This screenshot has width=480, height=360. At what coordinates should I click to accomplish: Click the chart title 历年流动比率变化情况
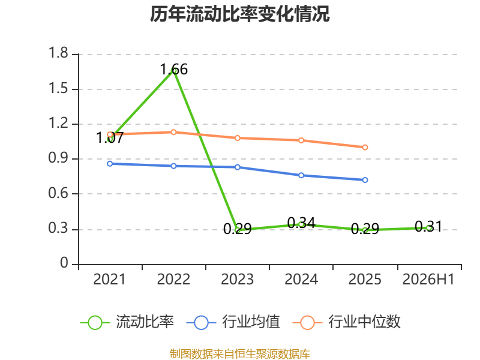point(239,14)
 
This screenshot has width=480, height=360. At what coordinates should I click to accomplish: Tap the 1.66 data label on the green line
point(174,70)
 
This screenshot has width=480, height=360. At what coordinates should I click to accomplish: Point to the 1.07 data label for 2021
point(110,138)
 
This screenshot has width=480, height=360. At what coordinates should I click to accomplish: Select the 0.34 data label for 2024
point(301,223)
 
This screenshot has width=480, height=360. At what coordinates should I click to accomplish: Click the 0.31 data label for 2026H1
point(428,227)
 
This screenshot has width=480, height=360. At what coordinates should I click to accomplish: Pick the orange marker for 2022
point(173,132)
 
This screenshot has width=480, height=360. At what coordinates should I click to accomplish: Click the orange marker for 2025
point(365,148)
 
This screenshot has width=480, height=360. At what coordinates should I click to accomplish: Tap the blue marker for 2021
point(110,164)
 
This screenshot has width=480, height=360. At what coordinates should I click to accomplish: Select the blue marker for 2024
point(301,175)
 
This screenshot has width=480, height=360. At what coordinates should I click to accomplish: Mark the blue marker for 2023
point(238,167)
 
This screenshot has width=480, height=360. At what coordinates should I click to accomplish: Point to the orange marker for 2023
point(238,138)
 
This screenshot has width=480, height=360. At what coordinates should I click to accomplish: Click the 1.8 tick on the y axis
point(58,53)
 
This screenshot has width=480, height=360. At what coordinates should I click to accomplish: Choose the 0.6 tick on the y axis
point(58,193)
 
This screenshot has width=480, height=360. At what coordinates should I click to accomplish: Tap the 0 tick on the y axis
point(64,263)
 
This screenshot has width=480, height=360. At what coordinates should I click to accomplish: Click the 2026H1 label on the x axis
point(428,280)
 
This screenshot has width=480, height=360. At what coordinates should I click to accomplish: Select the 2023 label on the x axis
point(238,280)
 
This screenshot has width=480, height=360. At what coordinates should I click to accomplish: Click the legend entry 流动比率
point(127,322)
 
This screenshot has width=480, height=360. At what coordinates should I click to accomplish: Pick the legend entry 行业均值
point(233,322)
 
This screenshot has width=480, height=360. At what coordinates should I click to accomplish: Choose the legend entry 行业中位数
point(346,322)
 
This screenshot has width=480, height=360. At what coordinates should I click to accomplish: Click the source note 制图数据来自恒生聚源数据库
point(240,353)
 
